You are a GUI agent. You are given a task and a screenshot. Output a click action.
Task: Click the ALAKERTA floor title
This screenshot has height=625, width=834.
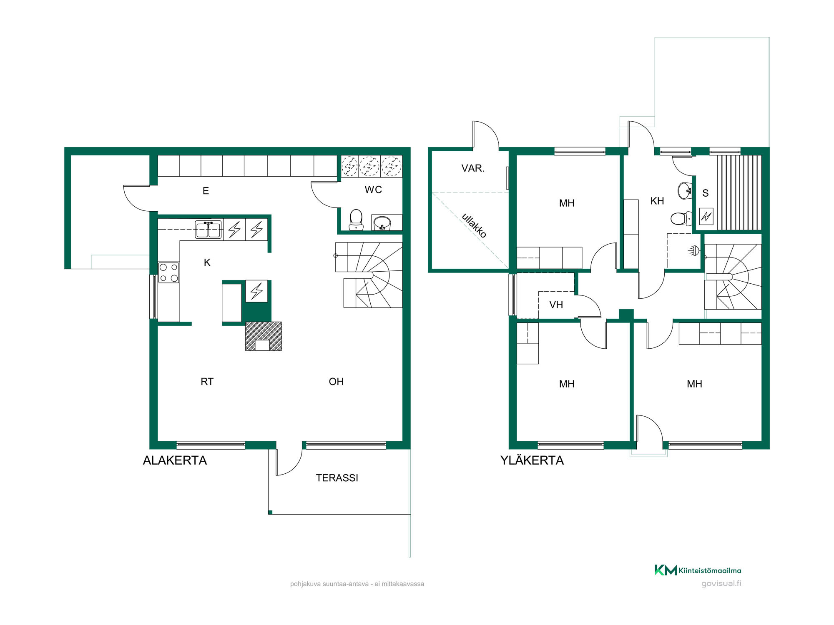point(175,460)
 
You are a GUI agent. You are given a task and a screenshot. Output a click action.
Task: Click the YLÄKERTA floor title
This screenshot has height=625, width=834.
point(532,460)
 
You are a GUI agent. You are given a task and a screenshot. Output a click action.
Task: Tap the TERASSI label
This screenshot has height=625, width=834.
point(337,478)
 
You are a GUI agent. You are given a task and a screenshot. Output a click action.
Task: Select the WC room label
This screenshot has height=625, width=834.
point(373,190)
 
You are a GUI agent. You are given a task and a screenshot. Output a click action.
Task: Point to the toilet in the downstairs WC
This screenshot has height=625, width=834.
point(356,220)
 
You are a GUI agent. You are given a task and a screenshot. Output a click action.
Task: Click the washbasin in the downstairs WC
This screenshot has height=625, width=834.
point(382,223)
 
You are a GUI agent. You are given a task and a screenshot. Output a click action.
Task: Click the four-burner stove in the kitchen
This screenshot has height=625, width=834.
point(168,273)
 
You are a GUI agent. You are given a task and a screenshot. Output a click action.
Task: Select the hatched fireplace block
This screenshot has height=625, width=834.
point(263,336)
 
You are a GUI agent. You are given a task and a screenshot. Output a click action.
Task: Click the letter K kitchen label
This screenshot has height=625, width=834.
point(207,262)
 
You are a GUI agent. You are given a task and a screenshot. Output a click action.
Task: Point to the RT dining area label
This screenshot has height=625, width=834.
point(207,382)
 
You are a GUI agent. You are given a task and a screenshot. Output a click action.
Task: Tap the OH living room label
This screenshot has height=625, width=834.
point(336,382)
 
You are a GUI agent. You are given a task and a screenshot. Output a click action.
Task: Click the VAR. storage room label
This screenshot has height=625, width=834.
point(473,168)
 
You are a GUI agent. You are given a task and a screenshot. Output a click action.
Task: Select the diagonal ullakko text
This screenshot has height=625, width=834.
point(474,225)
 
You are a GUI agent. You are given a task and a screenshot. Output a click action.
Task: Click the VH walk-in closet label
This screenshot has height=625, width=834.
point(556,305)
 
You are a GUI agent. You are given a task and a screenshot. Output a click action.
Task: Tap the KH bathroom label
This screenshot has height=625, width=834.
point(657,201)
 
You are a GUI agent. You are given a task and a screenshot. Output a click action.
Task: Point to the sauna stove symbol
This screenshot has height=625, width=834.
point(706,216)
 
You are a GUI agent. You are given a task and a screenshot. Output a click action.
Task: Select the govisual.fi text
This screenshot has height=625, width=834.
point(721,583)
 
